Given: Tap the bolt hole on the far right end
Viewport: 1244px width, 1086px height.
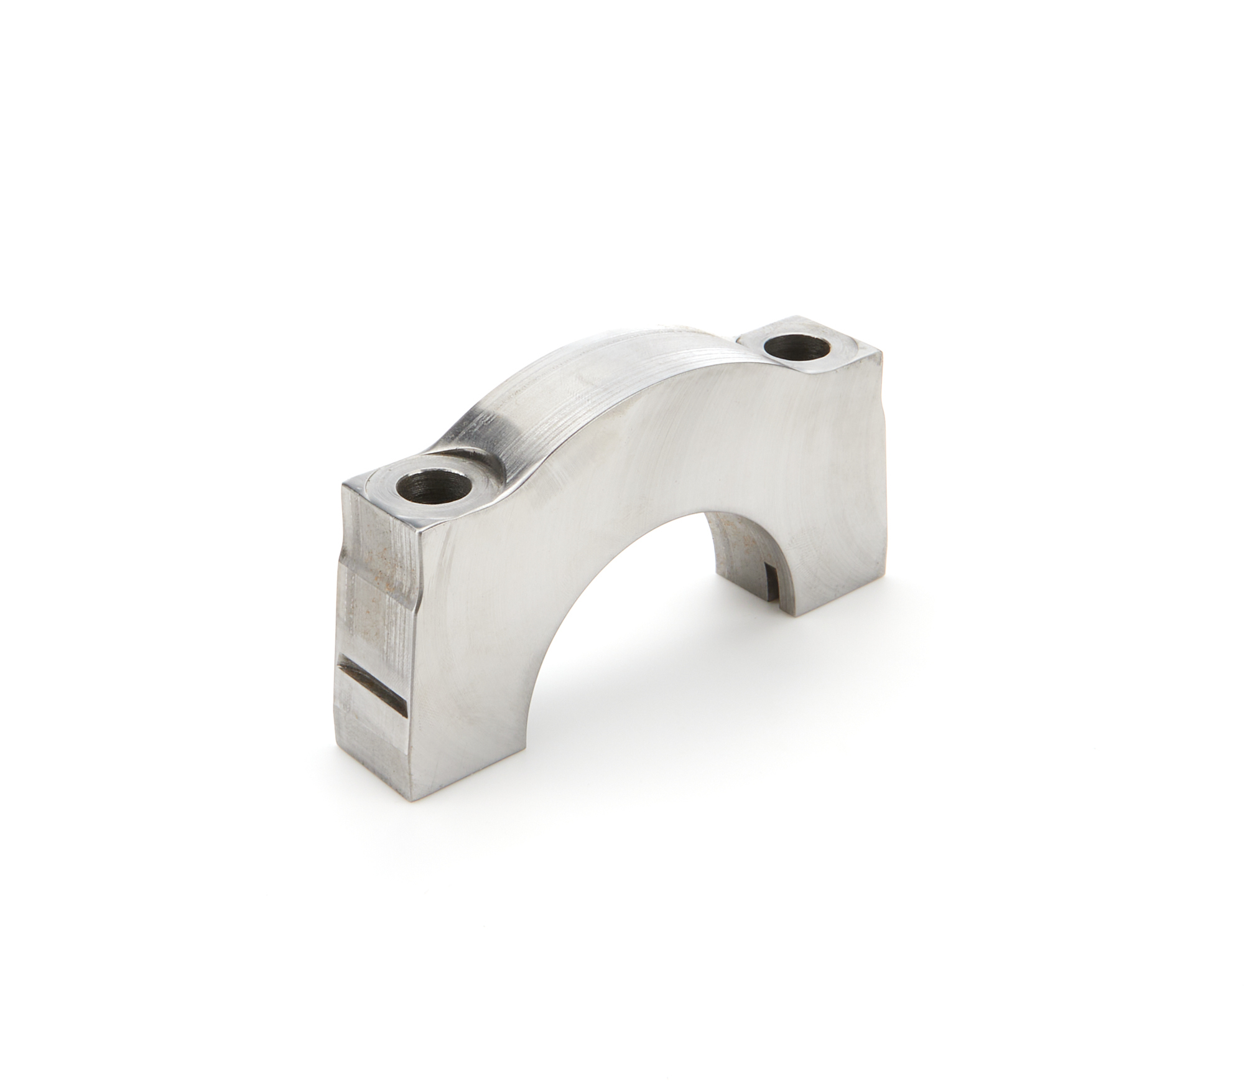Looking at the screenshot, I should coord(800,347).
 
